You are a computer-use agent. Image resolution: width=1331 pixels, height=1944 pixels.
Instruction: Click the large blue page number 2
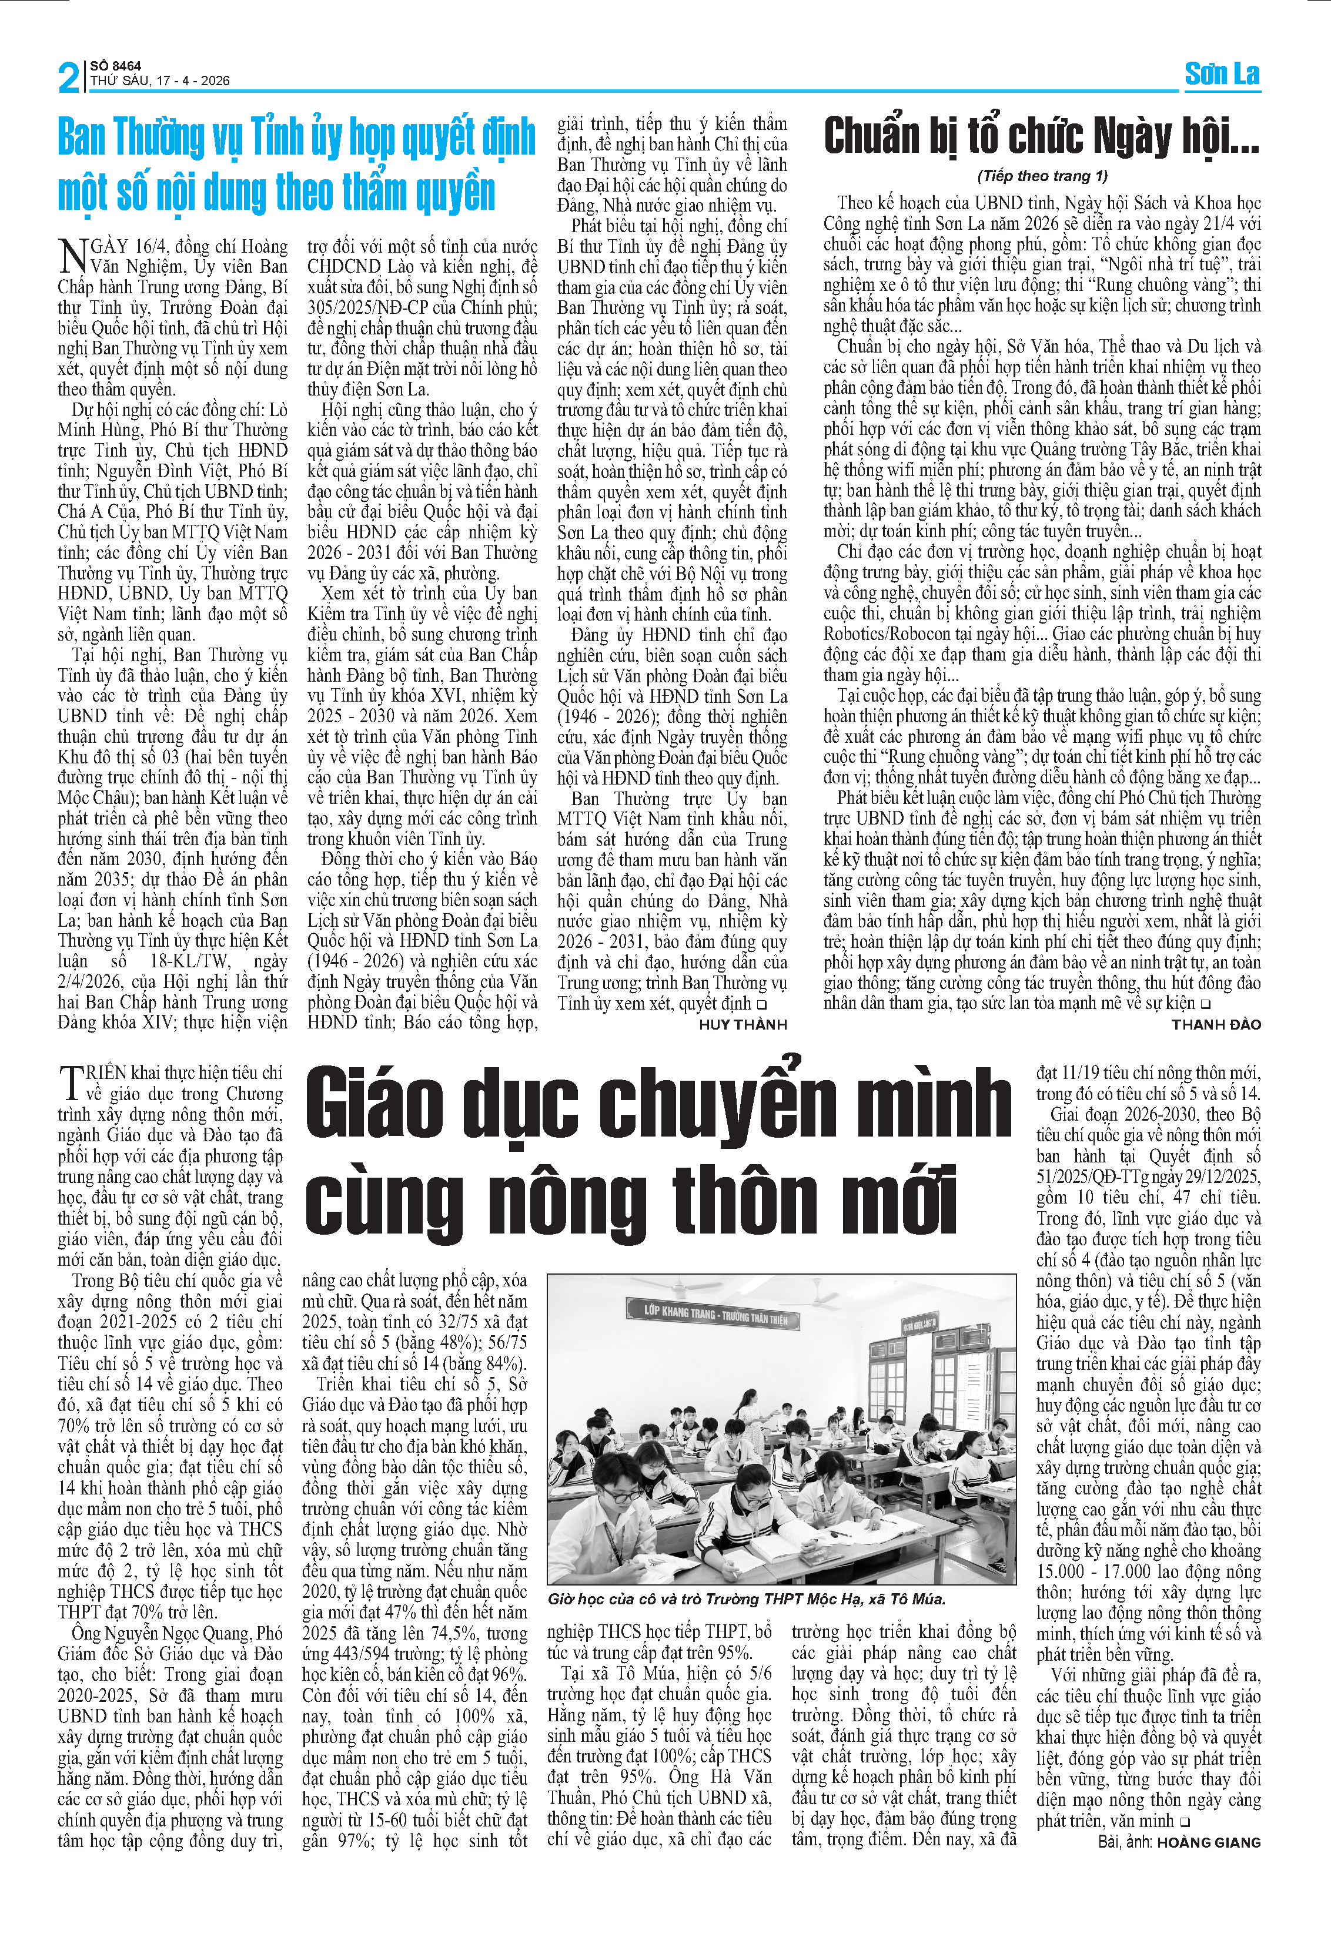tap(69, 77)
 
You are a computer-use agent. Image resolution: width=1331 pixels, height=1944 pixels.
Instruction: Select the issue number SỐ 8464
tap(116, 65)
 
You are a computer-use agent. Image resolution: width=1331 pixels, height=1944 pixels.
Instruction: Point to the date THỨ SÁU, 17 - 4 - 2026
tap(160, 81)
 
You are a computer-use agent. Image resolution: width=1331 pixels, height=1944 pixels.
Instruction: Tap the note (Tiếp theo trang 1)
tap(1042, 176)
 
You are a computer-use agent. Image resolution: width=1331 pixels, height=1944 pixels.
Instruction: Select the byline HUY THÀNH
tap(743, 1025)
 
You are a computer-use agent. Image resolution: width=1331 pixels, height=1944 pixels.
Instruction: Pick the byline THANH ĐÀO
tap(1216, 1025)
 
